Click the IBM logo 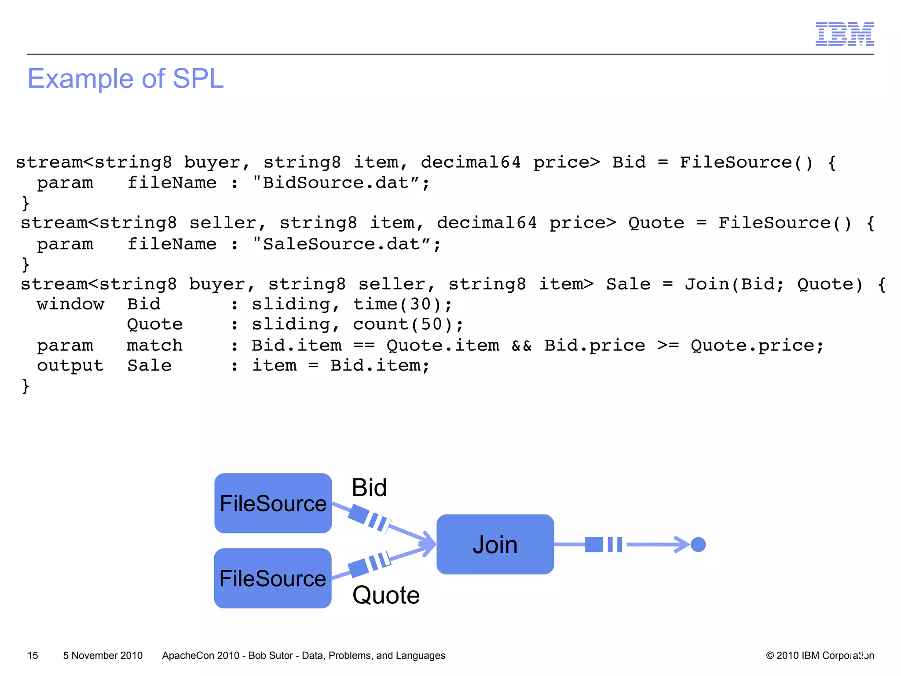pos(844,34)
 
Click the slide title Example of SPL pos(125,79)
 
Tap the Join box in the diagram pos(495,544)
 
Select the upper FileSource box pos(273,503)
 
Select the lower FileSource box pos(272,578)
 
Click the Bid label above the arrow pos(369,488)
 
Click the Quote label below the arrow pos(386,595)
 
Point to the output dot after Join pos(698,544)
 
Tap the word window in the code pos(70,304)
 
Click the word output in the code pos(70,365)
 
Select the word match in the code pos(154,345)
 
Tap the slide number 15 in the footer pos(33,655)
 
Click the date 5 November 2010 pos(103,655)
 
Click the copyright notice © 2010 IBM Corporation pos(820,655)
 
